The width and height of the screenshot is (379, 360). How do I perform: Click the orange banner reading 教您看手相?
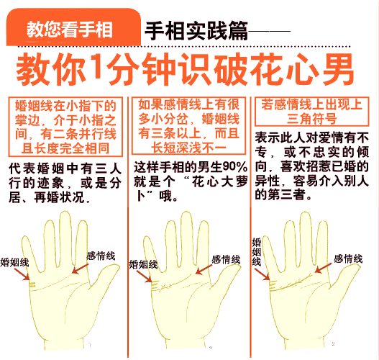pos(70,30)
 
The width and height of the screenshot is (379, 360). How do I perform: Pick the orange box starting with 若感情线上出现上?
pos(313,112)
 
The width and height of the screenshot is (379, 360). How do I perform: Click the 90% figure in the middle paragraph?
pos(234,167)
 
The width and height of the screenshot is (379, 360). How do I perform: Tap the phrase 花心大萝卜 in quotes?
pos(216,181)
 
